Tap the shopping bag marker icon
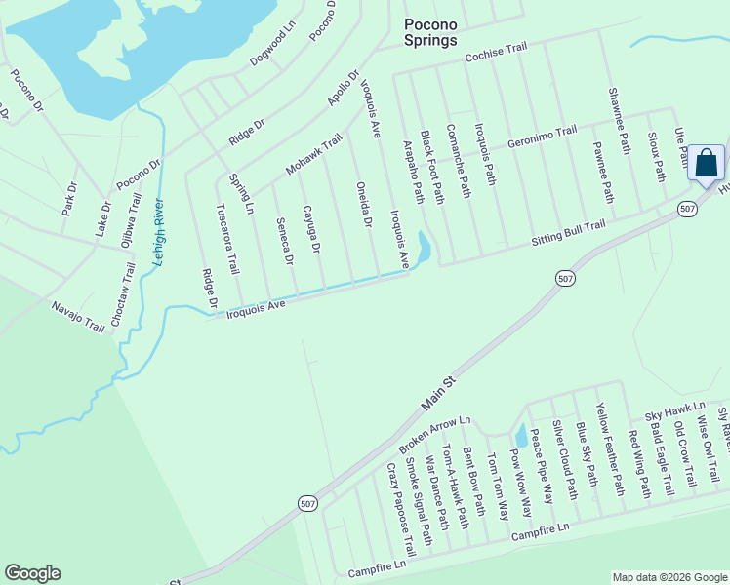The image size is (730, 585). coord(706,163)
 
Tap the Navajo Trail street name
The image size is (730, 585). coord(78,317)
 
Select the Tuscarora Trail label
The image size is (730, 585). coord(226,238)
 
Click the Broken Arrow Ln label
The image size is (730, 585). coord(434,435)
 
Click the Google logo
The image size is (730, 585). coord(32,573)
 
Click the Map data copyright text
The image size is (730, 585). coord(669,577)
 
